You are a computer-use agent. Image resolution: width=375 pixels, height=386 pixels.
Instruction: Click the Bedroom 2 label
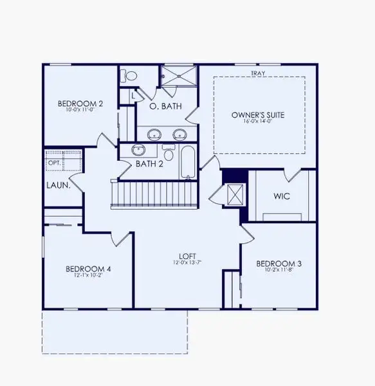80,104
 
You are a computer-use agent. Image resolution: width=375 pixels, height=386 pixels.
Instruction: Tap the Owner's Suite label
258,115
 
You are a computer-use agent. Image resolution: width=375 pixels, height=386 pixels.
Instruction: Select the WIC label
282,196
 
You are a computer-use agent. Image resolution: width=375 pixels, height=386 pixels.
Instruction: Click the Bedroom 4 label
89,269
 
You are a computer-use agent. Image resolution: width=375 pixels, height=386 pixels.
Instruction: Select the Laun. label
58,186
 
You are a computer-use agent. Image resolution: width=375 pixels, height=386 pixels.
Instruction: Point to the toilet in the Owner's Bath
131,76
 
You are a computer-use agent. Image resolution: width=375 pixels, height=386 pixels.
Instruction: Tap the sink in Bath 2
138,150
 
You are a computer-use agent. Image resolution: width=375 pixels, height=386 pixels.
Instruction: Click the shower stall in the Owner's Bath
178,76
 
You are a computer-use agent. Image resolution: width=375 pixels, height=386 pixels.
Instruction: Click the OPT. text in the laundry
53,163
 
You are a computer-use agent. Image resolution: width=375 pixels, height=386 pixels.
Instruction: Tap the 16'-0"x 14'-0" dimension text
258,123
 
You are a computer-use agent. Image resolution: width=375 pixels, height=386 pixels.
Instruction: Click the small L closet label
133,96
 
